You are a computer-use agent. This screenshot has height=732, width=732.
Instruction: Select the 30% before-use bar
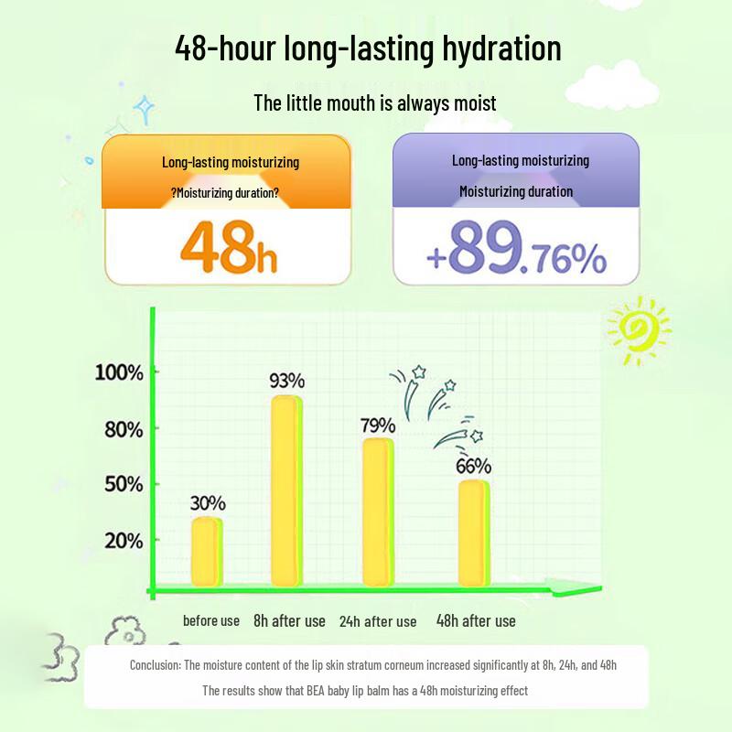coord(207,551)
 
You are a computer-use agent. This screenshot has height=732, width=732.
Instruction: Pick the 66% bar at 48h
coord(474,533)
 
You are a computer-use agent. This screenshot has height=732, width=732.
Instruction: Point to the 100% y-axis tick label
coord(119,372)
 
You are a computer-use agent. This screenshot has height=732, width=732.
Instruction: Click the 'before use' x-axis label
coord(211,620)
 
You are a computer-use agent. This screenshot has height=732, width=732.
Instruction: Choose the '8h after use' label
coord(289,620)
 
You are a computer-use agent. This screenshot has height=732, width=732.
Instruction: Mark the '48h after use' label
coord(476,620)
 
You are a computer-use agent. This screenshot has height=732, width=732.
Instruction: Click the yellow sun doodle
coord(637,328)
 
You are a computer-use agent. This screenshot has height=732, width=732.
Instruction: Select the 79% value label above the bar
coord(377,425)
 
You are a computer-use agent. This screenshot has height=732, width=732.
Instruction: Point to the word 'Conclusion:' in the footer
coord(156,665)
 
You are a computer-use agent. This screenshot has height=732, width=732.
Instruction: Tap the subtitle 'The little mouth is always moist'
coord(375,102)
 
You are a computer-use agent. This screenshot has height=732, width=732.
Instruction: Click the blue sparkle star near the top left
coord(144,110)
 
